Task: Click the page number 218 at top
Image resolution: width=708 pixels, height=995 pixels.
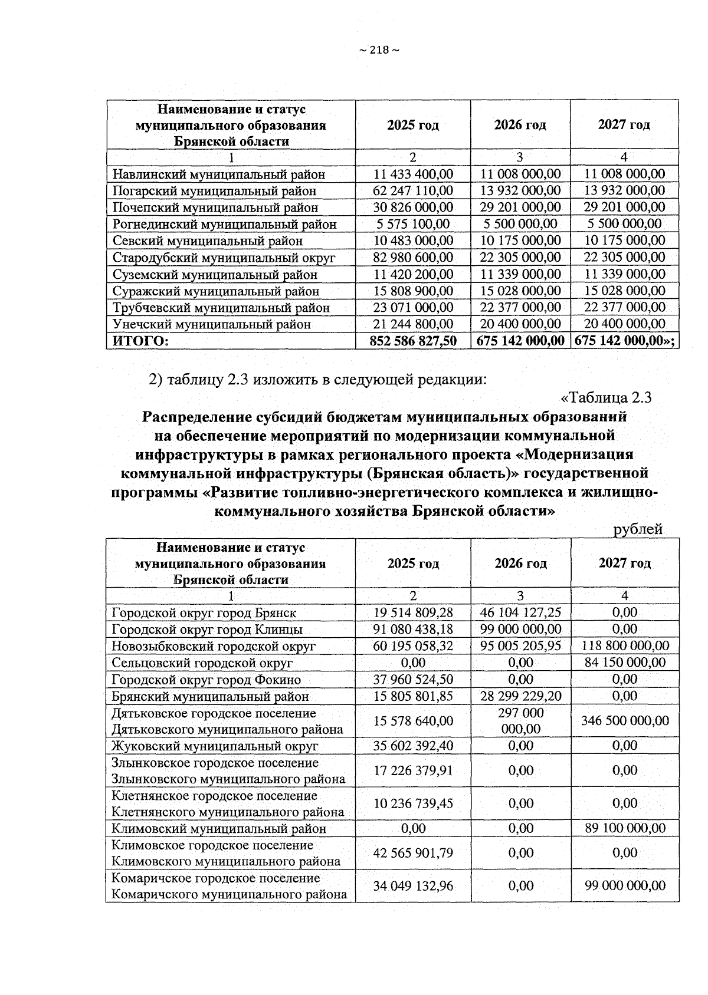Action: [379, 50]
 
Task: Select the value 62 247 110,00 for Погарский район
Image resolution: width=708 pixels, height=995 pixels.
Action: [413, 190]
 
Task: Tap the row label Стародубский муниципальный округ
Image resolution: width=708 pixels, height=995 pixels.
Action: [224, 258]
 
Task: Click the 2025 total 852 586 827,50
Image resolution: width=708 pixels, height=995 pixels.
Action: [413, 341]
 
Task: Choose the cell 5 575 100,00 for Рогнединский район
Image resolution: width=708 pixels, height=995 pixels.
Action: [413, 224]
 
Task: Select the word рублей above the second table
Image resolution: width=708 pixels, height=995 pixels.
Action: [638, 529]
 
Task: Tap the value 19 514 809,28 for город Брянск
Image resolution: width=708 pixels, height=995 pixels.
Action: [413, 612]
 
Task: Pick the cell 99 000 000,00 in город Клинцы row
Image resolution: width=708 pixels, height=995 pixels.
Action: [520, 629]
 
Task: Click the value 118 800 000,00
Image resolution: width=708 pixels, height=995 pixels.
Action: [625, 646]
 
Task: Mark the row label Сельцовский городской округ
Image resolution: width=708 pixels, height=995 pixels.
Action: [202, 663]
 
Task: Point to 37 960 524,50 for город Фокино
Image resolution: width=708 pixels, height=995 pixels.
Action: [413, 680]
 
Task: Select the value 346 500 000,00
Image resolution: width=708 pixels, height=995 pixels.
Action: [625, 720]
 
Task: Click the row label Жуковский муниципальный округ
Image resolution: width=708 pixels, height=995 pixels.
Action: [215, 746]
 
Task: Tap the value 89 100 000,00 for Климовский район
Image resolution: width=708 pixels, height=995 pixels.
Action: [625, 828]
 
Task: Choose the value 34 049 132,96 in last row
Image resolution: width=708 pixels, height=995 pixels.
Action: [413, 885]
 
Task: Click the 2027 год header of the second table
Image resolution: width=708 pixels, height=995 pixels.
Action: [625, 563]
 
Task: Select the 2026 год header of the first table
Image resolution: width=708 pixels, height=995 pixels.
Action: [520, 125]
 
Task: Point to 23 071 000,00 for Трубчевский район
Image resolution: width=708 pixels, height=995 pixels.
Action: [413, 307]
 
